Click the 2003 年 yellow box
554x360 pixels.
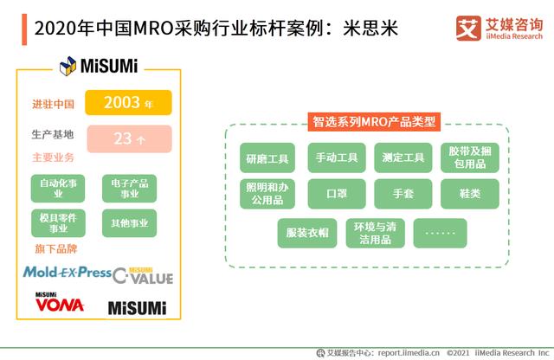click(128, 103)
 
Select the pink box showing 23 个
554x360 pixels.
click(128, 138)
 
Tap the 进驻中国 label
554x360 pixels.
click(53, 104)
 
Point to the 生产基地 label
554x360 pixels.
click(53, 135)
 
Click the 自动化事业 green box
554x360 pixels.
click(59, 189)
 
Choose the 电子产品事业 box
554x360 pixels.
click(129, 189)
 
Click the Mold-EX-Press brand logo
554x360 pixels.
click(67, 273)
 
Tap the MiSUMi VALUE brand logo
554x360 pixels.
click(143, 275)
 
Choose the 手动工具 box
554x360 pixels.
click(336, 158)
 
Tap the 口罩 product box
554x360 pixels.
click(336, 194)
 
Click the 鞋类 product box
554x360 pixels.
click(469, 194)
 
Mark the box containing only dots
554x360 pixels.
click(440, 233)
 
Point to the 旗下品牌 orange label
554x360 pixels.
click(52, 249)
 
